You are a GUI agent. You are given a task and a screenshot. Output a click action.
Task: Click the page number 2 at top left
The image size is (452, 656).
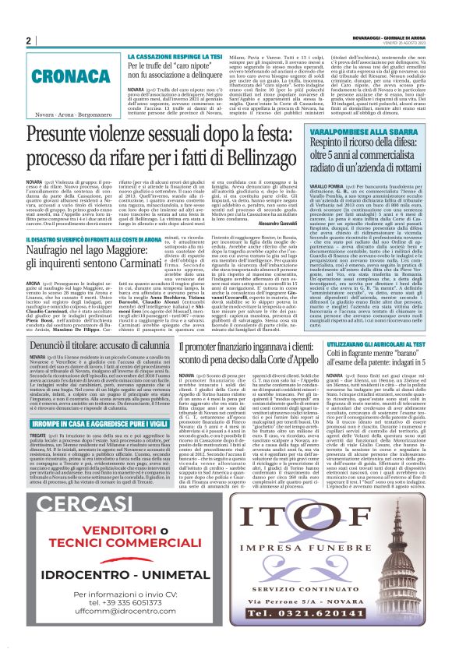click(x=28, y=40)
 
